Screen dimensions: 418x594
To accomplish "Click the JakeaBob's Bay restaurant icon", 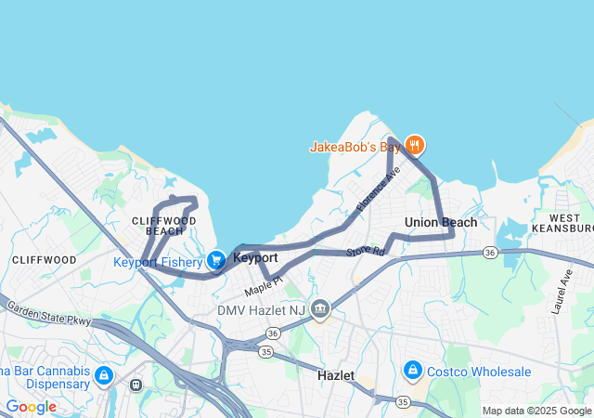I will point(415,144).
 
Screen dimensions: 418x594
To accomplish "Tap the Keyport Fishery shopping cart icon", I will point(216,260).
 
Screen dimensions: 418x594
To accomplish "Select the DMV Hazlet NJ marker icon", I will point(320,308).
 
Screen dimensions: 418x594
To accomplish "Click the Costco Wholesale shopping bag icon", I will point(413,371).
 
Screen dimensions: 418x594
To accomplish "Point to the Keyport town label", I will point(255,257).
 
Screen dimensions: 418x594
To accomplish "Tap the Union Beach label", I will point(441,222).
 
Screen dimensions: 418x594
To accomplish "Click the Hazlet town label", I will point(336,375).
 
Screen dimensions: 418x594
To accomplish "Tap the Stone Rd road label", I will point(365,252).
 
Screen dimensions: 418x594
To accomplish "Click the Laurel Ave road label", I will point(562,292).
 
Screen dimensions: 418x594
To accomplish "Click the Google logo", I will point(31,407).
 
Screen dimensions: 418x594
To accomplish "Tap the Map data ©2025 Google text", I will point(536,411).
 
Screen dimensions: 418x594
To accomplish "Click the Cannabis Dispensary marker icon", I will point(103,375).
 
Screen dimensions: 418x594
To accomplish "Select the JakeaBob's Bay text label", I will point(354,147).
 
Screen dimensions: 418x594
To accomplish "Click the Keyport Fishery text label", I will point(158,262).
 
